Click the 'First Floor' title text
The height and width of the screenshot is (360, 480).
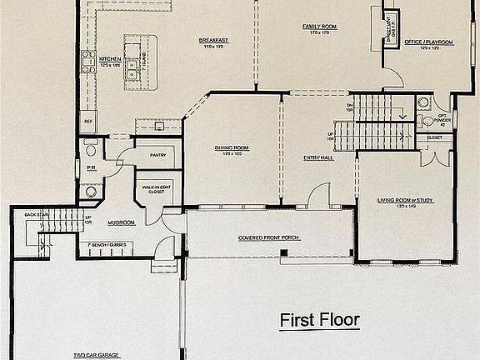click(318, 319)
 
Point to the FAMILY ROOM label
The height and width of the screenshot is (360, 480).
click(318, 27)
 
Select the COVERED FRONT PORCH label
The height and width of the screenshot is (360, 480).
click(268, 237)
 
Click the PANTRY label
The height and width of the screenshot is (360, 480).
click(158, 155)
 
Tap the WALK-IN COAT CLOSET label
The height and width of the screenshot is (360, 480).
click(157, 191)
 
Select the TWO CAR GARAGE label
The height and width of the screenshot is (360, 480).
click(96, 354)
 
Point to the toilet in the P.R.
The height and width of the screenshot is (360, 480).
click(91, 150)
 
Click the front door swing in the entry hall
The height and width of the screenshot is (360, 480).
click(317, 198)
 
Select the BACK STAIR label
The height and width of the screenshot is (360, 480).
click(35, 215)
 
